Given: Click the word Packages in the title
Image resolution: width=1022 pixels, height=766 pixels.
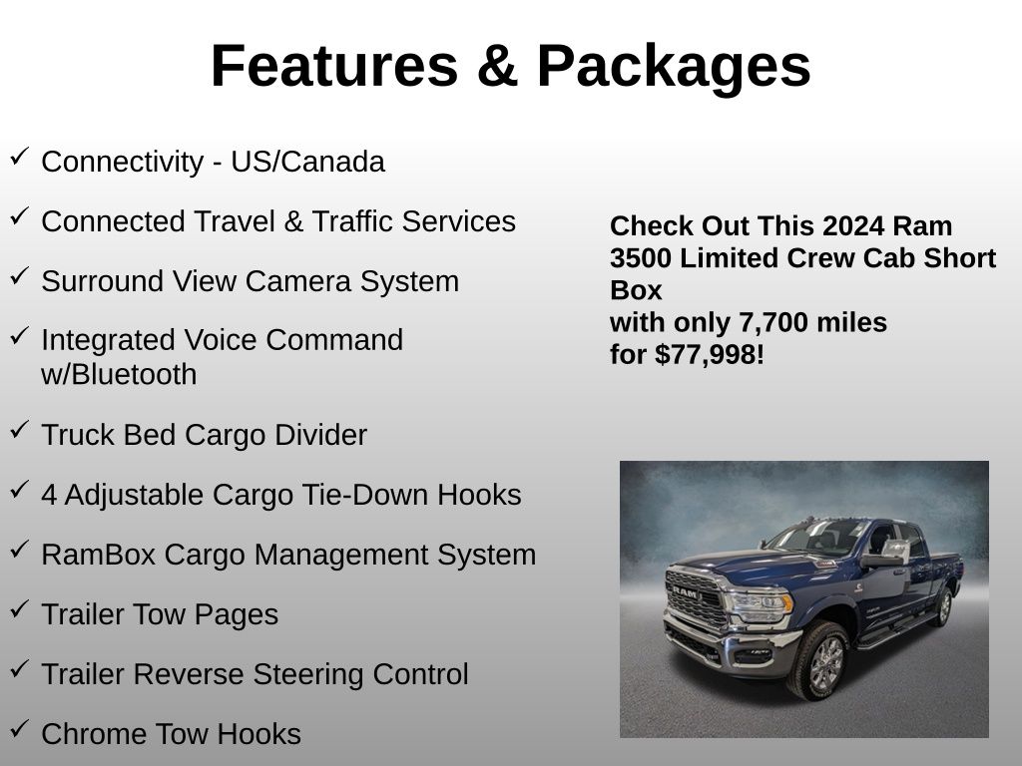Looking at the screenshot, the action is (x=674, y=67).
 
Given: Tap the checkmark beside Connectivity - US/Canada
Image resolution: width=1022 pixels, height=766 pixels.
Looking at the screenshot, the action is (x=20, y=157).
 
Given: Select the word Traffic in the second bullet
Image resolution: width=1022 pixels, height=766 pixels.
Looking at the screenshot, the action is (x=352, y=220).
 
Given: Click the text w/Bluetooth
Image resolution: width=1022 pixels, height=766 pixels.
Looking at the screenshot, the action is (x=119, y=375).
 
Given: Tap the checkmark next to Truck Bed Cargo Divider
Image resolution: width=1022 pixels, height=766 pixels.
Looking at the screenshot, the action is (x=20, y=430).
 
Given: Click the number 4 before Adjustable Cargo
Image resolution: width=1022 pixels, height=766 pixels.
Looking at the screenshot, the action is (x=49, y=495).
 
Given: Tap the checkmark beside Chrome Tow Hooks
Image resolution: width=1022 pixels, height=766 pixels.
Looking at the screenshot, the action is (x=20, y=729).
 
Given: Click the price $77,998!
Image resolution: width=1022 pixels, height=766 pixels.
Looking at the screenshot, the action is (x=710, y=355).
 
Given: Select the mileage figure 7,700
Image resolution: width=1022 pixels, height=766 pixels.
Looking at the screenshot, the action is (x=760, y=323).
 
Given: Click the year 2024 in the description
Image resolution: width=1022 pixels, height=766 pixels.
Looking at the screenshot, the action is (x=854, y=226).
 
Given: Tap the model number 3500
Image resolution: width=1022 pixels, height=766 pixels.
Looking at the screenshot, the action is (x=641, y=258).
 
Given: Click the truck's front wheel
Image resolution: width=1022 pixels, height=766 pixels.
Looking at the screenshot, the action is (x=820, y=661).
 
